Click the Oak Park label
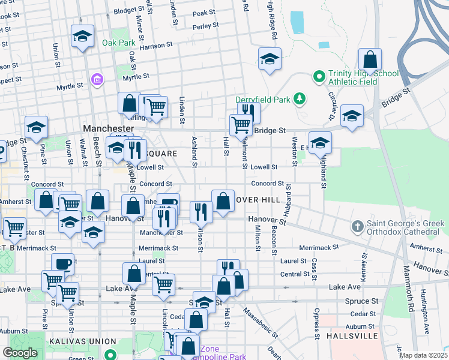pyautogui.click(x=118, y=43)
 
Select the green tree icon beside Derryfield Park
pyautogui.click(x=299, y=98)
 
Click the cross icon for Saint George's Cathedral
pyautogui.click(x=357, y=226)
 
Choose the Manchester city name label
pyautogui.click(x=108, y=129)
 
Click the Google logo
pyautogui.click(x=20, y=353)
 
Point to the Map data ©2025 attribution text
pyautogui.click(x=424, y=355)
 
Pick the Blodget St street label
pyautogui.click(x=125, y=11)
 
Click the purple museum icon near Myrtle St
pyautogui.click(x=96, y=79)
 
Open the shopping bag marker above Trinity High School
pyautogui.click(x=370, y=60)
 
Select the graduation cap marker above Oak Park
pyautogui.click(x=82, y=36)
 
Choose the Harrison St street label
pyautogui.click(x=156, y=45)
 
